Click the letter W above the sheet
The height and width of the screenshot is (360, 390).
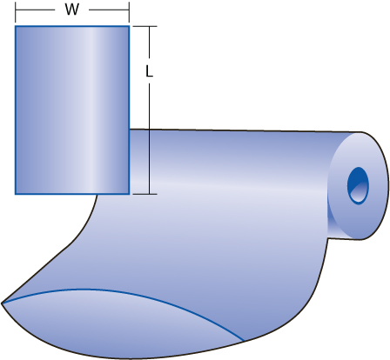pyautogui.click(x=71, y=10)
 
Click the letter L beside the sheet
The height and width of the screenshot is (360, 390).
pyautogui.click(x=149, y=75)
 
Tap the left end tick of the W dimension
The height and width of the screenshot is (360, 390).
pyautogui.click(x=16, y=10)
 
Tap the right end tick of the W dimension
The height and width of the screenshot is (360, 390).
pyautogui.click(x=129, y=10)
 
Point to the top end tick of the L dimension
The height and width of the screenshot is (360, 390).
pyautogui.click(x=150, y=26)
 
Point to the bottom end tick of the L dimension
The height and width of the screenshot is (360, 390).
pyautogui.click(x=150, y=193)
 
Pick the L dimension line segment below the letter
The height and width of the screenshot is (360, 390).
pyautogui.click(x=150, y=139)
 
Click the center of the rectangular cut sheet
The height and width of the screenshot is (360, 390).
pyautogui.click(x=72, y=110)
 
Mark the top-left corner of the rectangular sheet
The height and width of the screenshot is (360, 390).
pyautogui.click(x=16, y=26)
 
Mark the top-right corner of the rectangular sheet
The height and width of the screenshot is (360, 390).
pyautogui.click(x=129, y=26)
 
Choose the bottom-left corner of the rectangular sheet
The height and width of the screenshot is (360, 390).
pyautogui.click(x=16, y=193)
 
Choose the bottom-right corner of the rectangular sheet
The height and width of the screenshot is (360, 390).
pyautogui.click(x=129, y=193)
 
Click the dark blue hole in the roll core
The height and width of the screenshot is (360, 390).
pyautogui.click(x=358, y=184)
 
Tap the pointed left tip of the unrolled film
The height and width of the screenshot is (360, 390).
pyautogui.click(x=3, y=303)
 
